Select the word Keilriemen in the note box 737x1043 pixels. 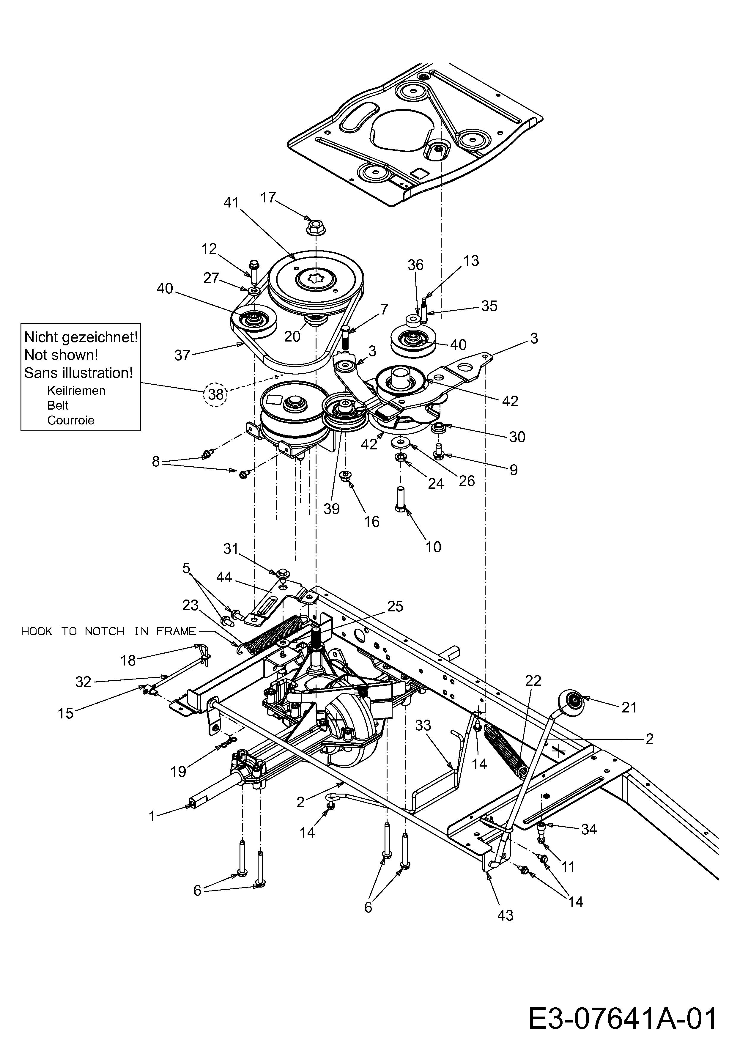pos(76,390)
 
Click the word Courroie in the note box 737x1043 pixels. pos(71,420)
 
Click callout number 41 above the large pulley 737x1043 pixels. pos(232,203)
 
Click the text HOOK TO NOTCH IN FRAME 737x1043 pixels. pos(108,631)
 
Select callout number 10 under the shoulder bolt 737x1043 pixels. pos(433,547)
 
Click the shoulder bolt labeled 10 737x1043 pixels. pos(401,499)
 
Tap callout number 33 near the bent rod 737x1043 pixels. pos(423,726)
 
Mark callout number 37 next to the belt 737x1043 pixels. pos(182,355)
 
